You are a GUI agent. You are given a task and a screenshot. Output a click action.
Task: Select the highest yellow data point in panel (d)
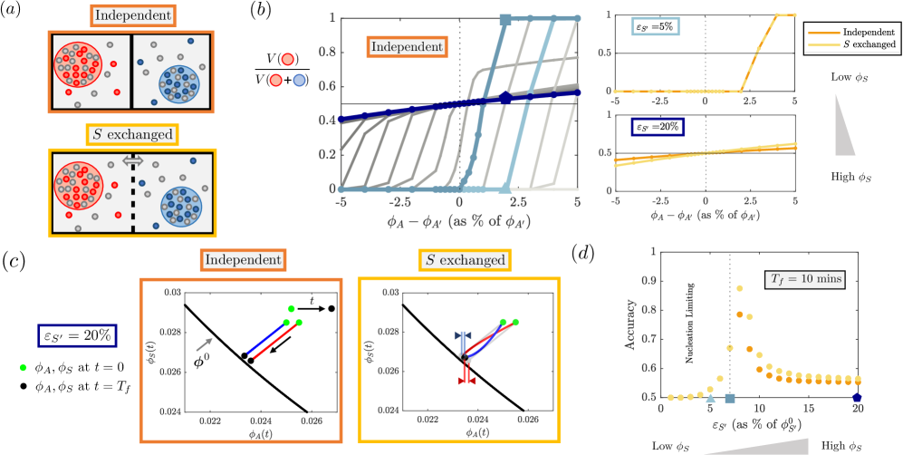739,288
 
